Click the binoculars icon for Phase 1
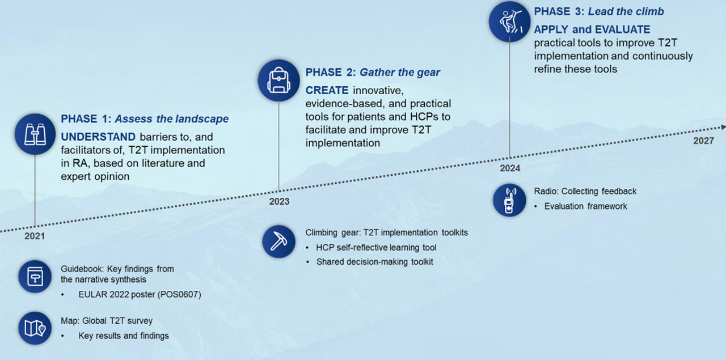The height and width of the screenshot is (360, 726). click(35, 134)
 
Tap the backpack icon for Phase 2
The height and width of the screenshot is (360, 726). click(278, 80)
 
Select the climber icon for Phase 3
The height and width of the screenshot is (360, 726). click(509, 22)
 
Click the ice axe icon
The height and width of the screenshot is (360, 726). click(278, 242)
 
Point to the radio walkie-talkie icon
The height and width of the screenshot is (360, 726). click(509, 200)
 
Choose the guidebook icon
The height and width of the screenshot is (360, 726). click(35, 277)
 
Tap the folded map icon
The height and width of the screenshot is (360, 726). click(35, 328)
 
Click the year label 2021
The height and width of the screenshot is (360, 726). click(35, 236)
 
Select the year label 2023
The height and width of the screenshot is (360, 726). click(279, 202)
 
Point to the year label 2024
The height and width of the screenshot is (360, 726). click(510, 168)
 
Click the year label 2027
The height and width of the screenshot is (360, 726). click(704, 141)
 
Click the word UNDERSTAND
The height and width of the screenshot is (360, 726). click(98, 137)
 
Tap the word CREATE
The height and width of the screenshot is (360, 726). click(327, 90)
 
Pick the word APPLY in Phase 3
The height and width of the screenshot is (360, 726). click(551, 29)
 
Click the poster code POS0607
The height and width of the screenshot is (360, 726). click(179, 294)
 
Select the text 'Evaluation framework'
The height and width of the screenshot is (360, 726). click(586, 206)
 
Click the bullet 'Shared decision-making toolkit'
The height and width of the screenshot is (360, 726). click(375, 261)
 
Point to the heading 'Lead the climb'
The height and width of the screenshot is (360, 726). click(626, 11)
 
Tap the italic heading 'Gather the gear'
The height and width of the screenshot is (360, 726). click(400, 72)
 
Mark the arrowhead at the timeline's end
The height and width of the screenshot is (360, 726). click(723, 128)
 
